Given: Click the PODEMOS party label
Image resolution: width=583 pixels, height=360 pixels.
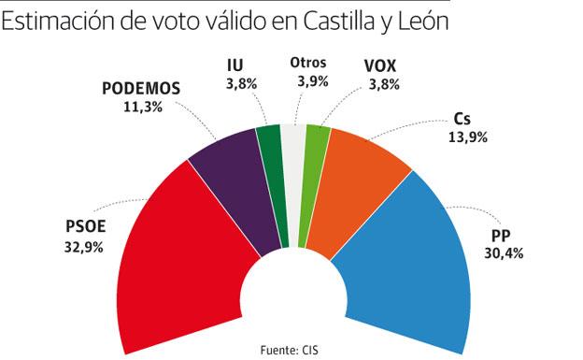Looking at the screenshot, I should pyautogui.click(x=140, y=90).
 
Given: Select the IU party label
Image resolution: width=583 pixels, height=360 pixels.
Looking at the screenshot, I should pyautogui.click(x=235, y=65).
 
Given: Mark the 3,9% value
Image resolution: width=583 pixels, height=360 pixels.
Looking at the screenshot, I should pyautogui.click(x=307, y=81).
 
